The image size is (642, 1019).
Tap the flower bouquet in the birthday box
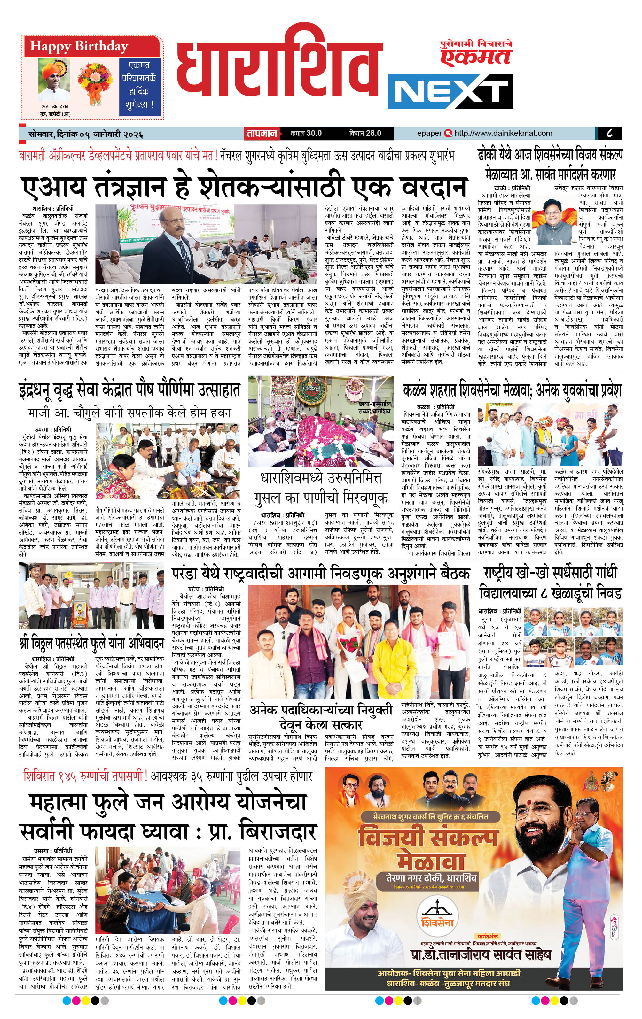click(95, 84)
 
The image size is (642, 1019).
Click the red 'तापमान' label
click(262, 134)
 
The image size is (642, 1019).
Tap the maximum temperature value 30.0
click(314, 133)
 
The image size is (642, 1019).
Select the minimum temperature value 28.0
click(373, 133)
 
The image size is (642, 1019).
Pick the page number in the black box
click(609, 133)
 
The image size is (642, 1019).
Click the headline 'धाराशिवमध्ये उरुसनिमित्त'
click(321, 478)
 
